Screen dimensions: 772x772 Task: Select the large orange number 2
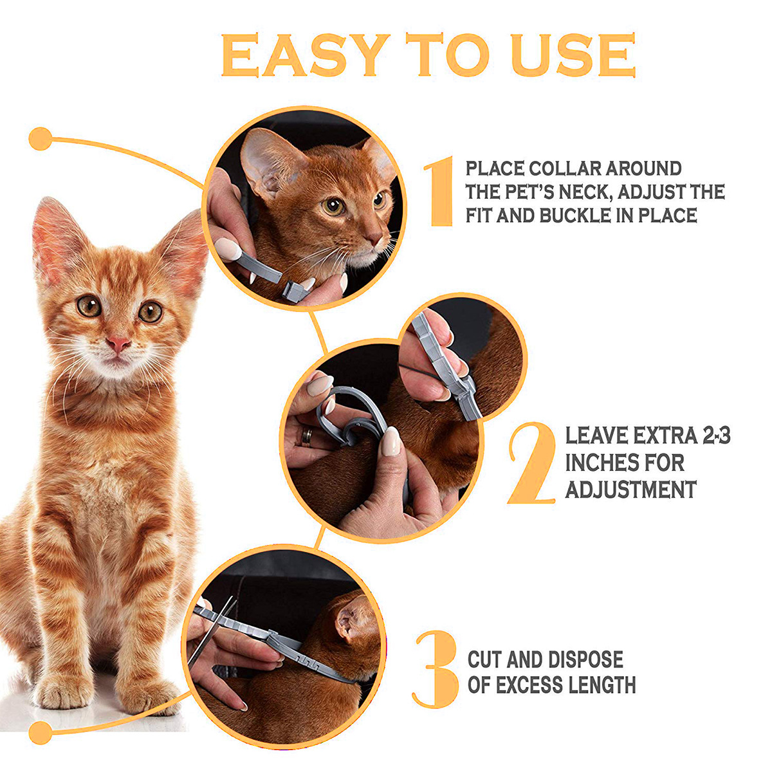[531, 463]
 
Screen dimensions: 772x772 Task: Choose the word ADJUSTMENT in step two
[631, 490]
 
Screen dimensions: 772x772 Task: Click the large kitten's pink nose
[118, 344]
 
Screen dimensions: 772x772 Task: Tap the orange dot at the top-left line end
[41, 139]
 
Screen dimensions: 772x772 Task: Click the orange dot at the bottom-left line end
[41, 733]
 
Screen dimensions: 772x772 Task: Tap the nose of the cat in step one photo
[376, 239]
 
